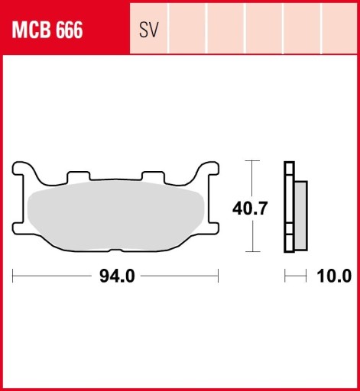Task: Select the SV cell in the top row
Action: click(x=149, y=31)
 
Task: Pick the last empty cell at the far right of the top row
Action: click(x=340, y=31)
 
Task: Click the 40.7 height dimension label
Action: click(x=249, y=208)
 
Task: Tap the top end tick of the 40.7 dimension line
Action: click(x=251, y=162)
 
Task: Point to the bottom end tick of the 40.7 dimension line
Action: click(x=251, y=252)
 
